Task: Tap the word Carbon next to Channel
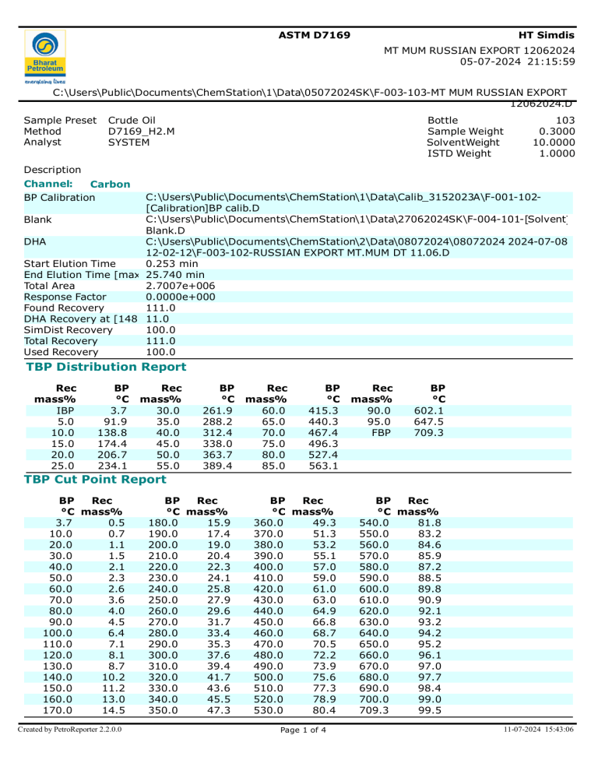point(111,185)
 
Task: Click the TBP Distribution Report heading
point(106,367)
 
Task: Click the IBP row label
point(65,410)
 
